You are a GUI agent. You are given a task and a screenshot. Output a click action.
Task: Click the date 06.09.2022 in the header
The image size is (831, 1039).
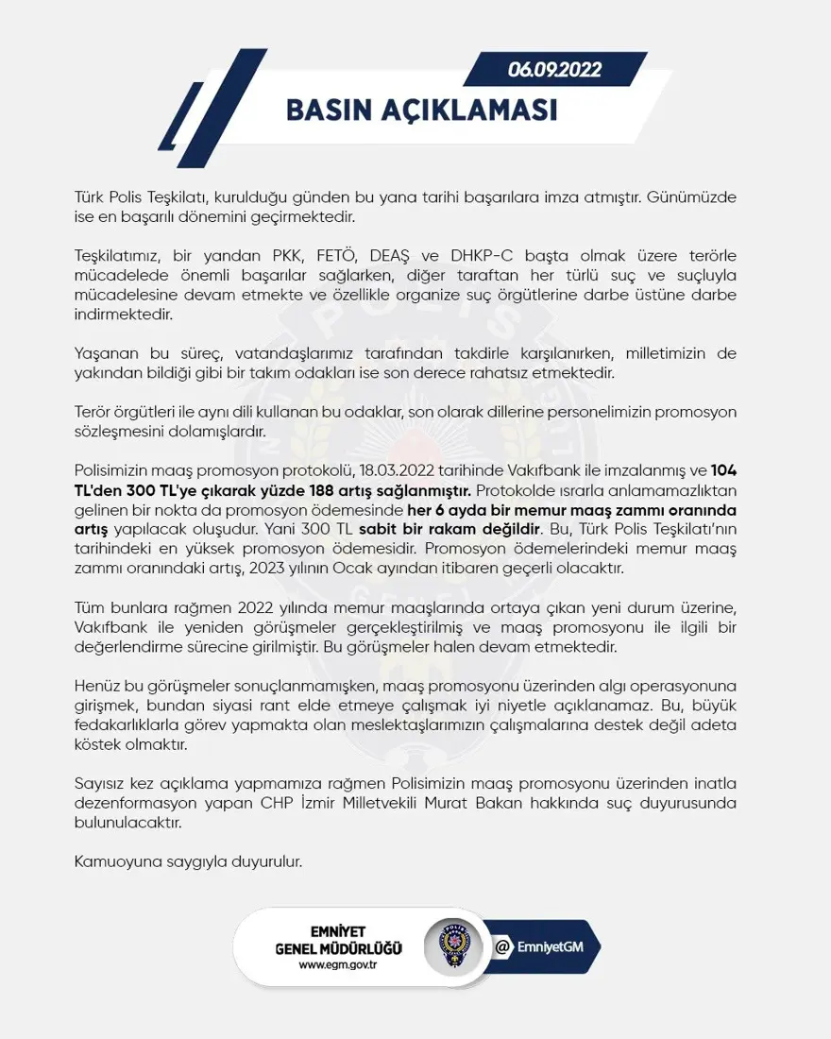pos(554,69)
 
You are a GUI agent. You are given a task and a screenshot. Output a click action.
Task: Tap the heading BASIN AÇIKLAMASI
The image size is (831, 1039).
pos(421,110)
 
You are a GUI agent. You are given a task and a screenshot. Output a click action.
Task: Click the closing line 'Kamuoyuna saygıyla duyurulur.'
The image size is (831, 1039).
pos(188,861)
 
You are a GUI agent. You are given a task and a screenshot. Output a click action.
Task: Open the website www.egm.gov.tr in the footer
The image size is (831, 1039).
pos(337,964)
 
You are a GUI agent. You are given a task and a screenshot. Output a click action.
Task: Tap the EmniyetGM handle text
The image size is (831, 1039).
pos(552,946)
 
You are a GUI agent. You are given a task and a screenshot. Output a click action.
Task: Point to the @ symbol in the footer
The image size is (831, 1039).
pos(503,946)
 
